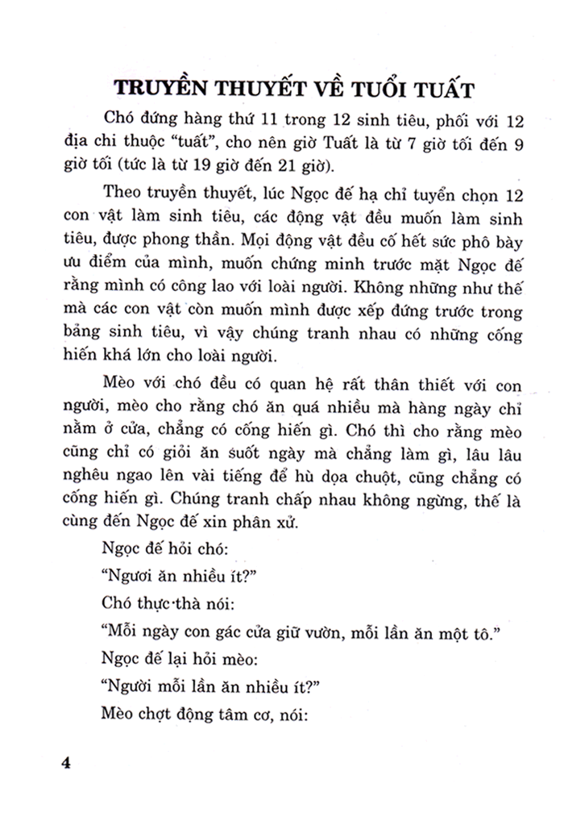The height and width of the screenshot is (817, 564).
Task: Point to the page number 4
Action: pos(67,762)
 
